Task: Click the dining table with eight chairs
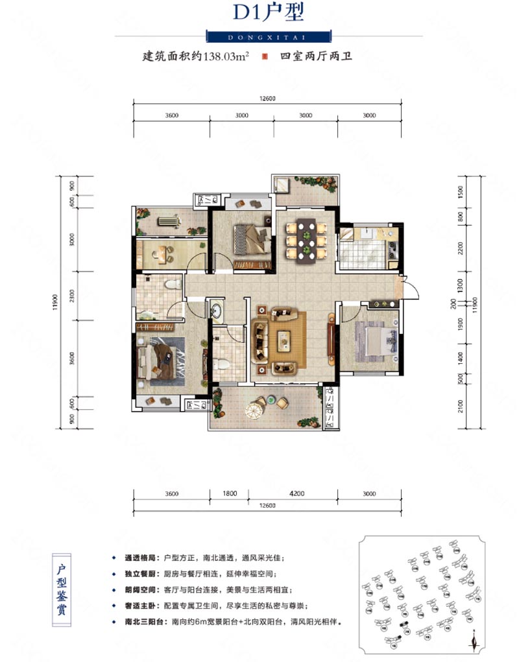coord(305,240)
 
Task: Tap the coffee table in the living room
coord(285,339)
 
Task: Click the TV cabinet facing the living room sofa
coord(332,338)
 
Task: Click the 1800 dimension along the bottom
coord(229,493)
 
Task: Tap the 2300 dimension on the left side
coord(59,298)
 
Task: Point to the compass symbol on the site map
coord(476,642)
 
